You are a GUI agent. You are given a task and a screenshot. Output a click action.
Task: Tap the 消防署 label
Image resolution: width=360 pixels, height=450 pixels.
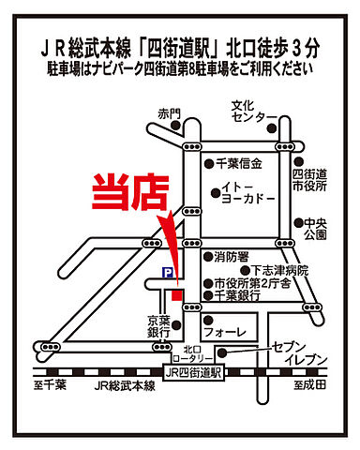click(232, 256)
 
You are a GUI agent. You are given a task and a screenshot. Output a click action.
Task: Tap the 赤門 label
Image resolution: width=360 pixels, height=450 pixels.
click(169, 113)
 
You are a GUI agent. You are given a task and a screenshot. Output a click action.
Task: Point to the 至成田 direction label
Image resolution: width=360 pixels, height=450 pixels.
click(308, 385)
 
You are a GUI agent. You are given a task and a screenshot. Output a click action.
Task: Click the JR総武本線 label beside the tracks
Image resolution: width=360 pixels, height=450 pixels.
click(122, 385)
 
